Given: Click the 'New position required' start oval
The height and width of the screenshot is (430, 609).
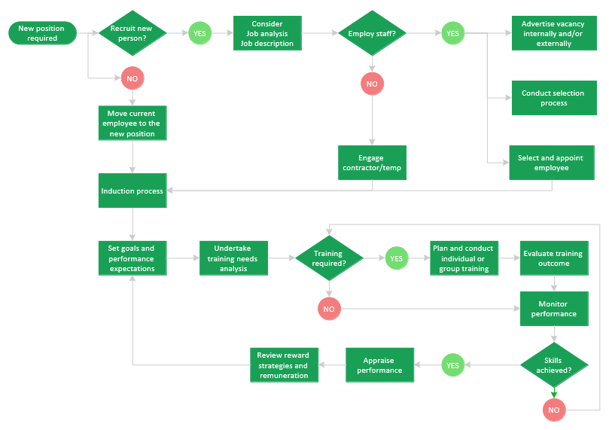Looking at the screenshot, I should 42,33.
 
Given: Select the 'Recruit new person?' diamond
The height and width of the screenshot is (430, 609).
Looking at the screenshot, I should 132,33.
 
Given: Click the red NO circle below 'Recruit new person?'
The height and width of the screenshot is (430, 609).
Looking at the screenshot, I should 132,78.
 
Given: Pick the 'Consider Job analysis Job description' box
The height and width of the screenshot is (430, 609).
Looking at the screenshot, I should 267,34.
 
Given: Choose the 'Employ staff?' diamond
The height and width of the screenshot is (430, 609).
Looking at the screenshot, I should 372,33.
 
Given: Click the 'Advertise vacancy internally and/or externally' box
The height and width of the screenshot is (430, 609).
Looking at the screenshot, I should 553,34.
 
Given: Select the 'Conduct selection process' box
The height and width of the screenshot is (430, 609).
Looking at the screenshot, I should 553,98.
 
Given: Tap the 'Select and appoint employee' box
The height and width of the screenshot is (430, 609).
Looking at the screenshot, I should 552,163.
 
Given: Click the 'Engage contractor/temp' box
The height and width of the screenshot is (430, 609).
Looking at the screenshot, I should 372,163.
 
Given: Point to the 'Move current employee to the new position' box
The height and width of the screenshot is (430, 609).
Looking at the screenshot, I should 132,124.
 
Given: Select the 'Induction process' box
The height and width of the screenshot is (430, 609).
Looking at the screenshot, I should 132,191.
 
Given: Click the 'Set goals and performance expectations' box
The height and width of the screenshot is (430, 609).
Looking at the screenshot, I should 132,258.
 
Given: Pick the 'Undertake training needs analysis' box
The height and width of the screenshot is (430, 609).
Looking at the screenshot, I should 233,258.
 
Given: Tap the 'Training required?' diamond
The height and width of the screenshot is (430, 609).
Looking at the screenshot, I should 328,258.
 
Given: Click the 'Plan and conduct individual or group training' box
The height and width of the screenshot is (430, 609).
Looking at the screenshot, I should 463,258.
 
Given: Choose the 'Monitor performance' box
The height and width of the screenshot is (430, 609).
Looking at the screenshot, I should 553,309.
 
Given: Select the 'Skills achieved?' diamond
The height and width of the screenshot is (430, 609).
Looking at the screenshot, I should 553,365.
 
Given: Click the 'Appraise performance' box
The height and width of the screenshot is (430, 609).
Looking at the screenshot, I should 379,365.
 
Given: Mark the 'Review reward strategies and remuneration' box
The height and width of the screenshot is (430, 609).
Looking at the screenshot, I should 284,365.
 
